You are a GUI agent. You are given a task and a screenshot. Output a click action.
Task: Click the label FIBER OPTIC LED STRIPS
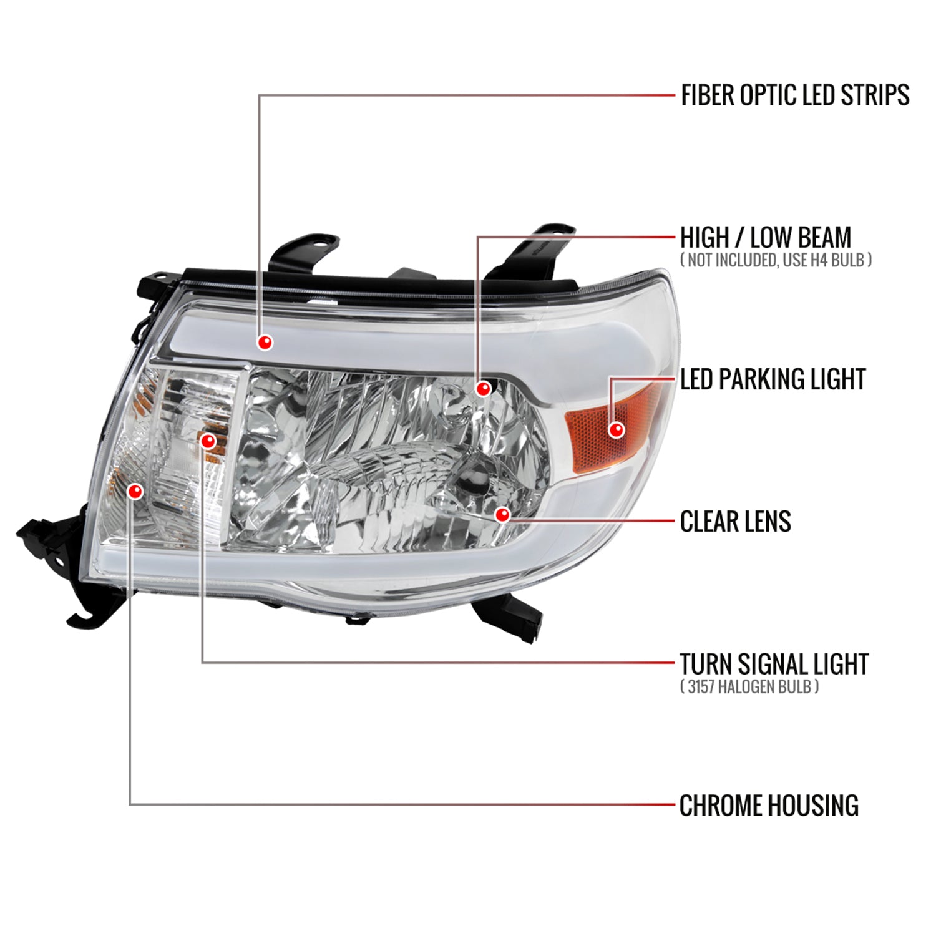794,95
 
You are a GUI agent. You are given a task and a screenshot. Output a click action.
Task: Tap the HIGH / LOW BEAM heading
765,238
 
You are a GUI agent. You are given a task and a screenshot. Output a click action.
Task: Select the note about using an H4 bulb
776,260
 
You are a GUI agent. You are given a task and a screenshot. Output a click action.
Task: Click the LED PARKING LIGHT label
773,379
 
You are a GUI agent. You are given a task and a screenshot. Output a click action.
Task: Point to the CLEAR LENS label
735,522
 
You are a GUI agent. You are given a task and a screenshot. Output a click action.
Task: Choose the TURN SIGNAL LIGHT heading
774,664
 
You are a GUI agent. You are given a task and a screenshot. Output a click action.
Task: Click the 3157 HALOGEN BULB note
749,687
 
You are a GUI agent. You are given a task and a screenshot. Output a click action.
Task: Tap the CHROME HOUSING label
769,806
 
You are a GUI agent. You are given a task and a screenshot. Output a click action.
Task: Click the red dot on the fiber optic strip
265,342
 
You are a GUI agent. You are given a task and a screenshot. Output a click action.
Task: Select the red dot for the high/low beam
483,389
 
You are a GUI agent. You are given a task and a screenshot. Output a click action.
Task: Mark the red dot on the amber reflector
617,429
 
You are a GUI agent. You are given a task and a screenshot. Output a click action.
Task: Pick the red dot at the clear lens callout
502,515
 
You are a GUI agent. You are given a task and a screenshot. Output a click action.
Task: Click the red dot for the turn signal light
208,442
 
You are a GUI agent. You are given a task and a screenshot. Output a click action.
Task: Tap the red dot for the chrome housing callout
134,491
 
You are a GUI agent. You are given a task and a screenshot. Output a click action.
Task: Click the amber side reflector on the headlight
599,431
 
